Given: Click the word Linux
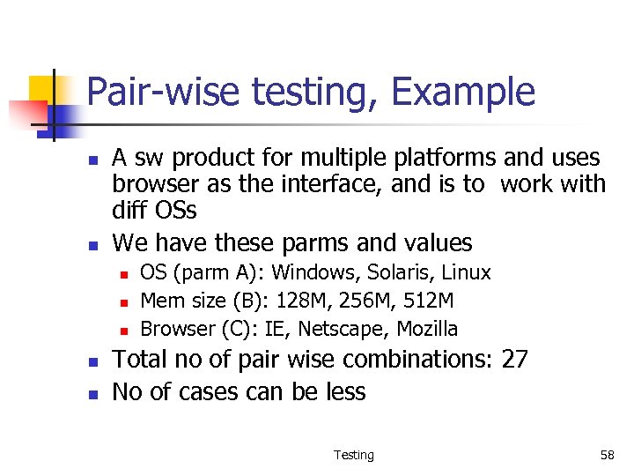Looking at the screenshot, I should point(466,272).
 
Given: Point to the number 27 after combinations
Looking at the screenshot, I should point(515,360).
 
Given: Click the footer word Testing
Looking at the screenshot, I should point(353,455).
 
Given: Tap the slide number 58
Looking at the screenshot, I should point(607,455).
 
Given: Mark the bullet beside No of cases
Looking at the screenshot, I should point(92,394).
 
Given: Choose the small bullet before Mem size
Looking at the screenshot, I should point(124,302).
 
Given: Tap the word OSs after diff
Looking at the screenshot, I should point(174,211).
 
